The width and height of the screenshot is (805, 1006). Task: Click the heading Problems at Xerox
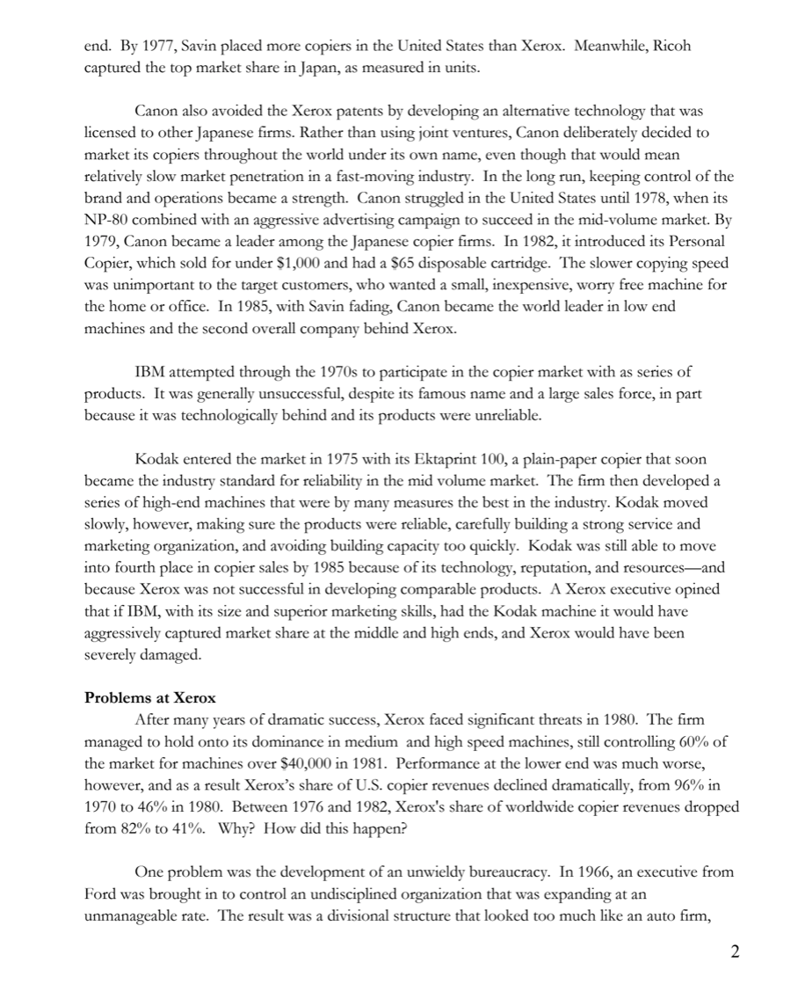pos(149,698)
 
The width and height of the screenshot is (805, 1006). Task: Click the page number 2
pos(735,952)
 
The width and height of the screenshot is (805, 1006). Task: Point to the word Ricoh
pos(671,46)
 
